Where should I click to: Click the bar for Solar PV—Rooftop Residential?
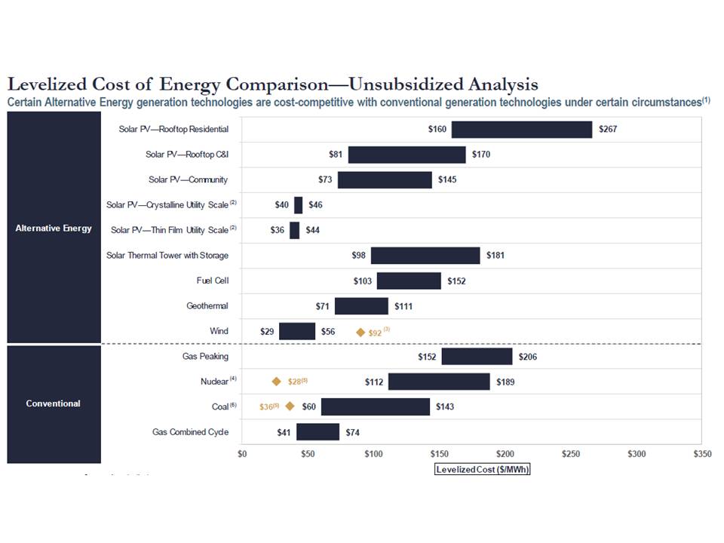pyautogui.click(x=522, y=130)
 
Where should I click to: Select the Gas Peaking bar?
pyautogui.click(x=477, y=357)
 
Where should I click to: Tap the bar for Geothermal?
pyautogui.click(x=361, y=306)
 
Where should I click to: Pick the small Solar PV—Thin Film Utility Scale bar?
pyautogui.click(x=294, y=230)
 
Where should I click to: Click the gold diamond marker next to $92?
pyautogui.click(x=360, y=332)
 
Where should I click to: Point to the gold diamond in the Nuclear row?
pyautogui.click(x=277, y=382)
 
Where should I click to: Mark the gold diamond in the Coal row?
pyautogui.click(x=290, y=406)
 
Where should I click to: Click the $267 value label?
pyautogui.click(x=609, y=130)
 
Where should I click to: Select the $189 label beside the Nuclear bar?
pyautogui.click(x=505, y=382)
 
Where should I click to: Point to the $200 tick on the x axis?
pyautogui.click(x=505, y=454)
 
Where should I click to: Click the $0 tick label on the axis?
pyautogui.click(x=242, y=454)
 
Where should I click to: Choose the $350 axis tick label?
pyautogui.click(x=702, y=454)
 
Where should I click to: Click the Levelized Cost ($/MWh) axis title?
pyautogui.click(x=483, y=469)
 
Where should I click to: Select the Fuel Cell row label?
pyautogui.click(x=212, y=281)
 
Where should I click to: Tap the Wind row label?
pyautogui.click(x=219, y=331)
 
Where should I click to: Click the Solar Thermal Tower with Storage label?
pyautogui.click(x=167, y=256)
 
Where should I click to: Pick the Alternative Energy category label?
pyautogui.click(x=54, y=229)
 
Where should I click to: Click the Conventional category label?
pyautogui.click(x=54, y=403)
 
